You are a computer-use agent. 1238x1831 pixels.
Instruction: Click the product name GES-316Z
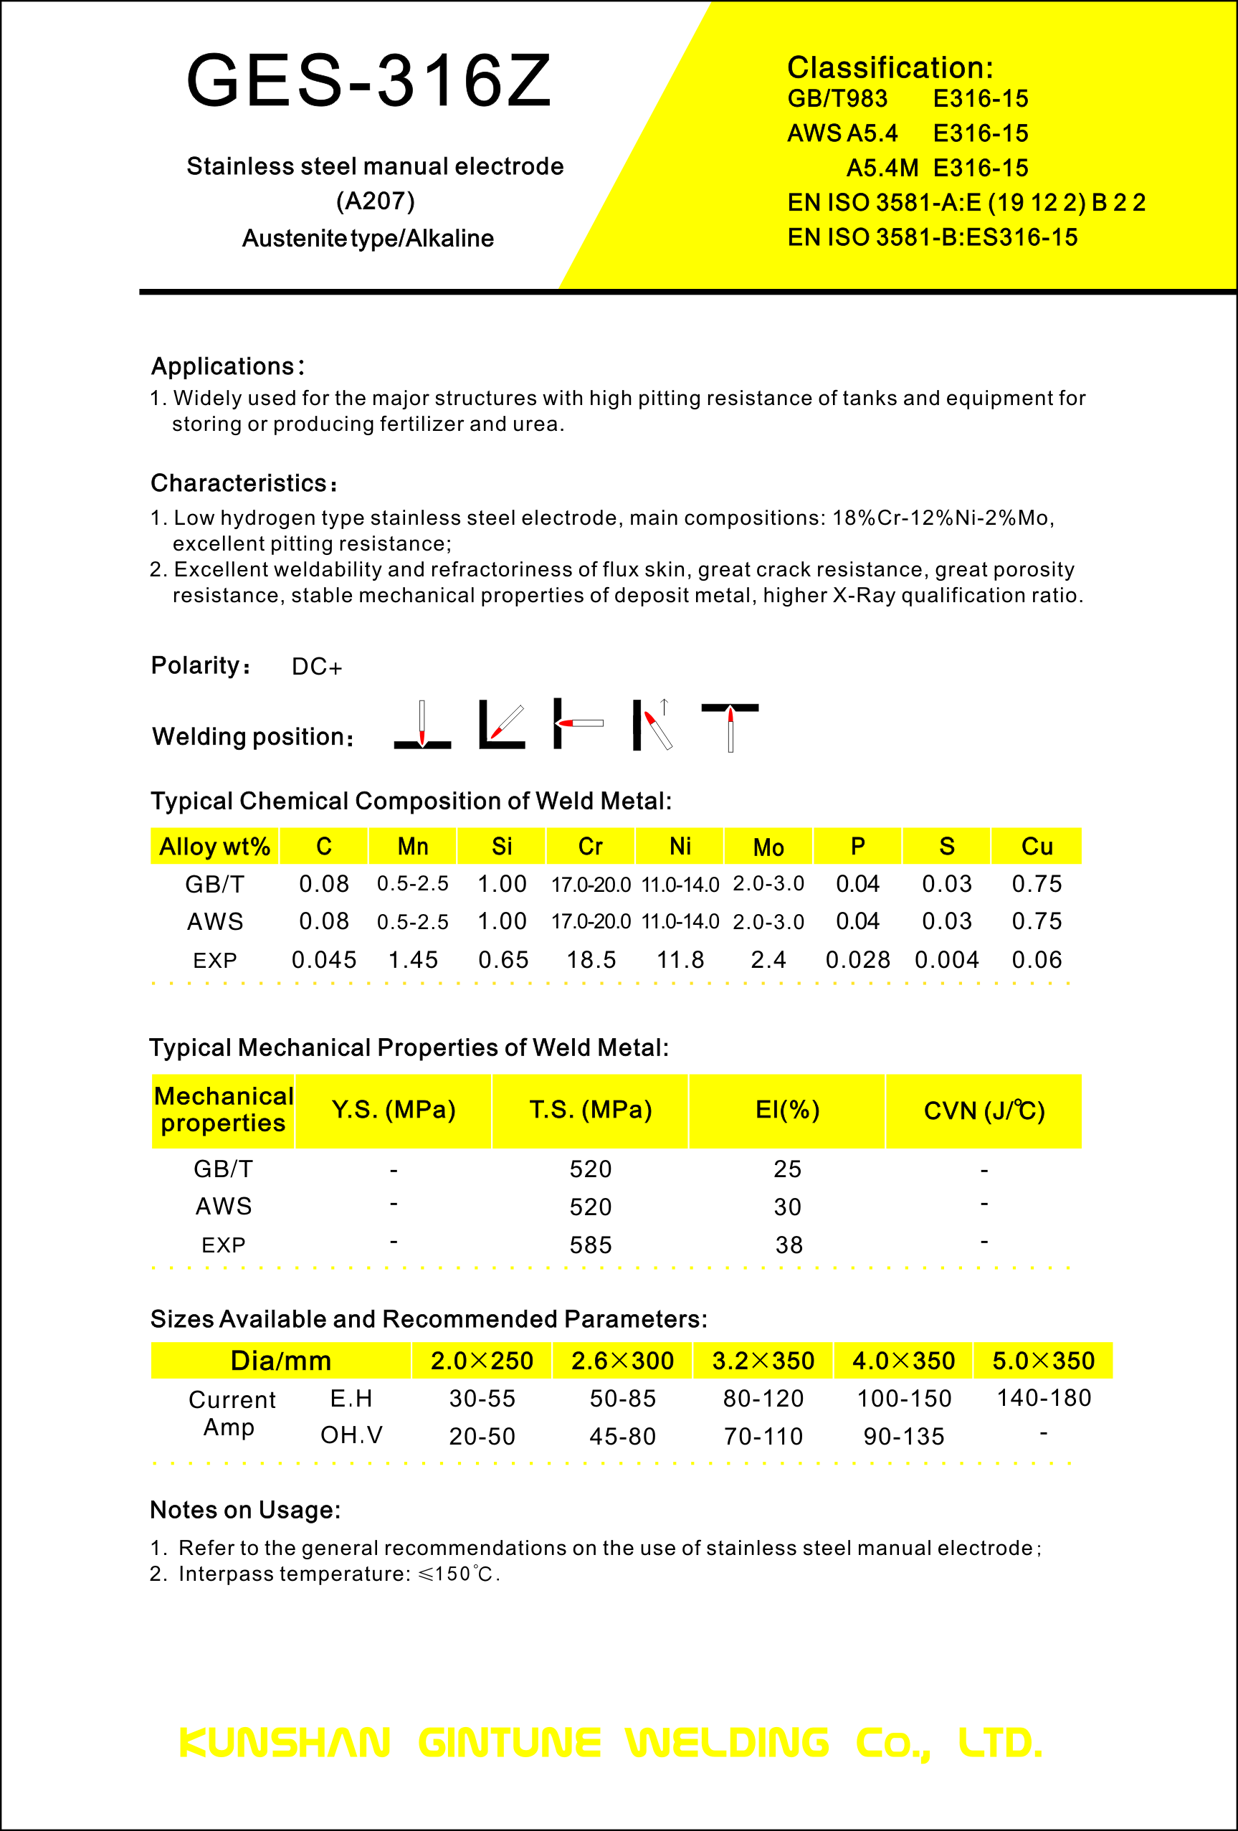(368, 81)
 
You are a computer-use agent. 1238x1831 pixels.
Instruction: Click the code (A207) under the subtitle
(375, 201)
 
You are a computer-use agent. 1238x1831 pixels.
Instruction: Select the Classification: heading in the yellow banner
(890, 68)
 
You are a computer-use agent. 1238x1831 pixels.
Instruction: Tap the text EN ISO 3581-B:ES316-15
(932, 237)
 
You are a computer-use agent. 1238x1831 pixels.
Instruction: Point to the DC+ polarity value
(317, 667)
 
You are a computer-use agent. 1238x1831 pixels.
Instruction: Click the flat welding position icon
(422, 725)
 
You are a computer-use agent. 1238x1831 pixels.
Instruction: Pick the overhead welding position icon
(730, 726)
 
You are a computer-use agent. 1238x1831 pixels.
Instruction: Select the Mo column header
(768, 847)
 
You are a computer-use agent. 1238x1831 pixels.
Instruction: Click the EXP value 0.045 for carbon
(324, 960)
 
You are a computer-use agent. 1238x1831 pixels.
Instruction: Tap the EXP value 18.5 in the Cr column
(591, 960)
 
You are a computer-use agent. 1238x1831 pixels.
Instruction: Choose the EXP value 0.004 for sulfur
(946, 960)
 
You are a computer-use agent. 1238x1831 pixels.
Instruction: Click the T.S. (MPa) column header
(590, 1110)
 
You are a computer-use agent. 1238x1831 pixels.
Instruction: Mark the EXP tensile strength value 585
(590, 1245)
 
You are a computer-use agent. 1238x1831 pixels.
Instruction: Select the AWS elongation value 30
(787, 1207)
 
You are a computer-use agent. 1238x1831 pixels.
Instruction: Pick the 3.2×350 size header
(763, 1361)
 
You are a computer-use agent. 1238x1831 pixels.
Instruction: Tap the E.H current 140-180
(1043, 1399)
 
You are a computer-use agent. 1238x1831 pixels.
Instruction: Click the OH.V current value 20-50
(482, 1436)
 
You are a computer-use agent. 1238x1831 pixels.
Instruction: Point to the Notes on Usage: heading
(245, 1511)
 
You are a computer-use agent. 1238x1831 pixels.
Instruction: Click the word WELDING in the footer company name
(727, 1743)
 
